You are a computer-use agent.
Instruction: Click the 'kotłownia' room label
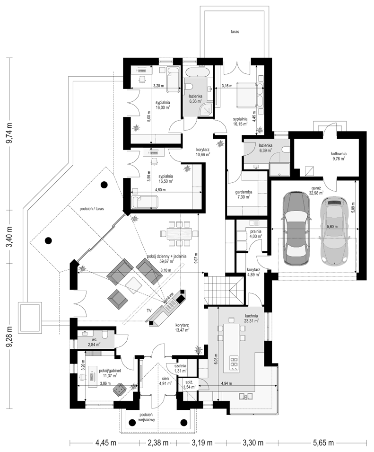coord(338,154)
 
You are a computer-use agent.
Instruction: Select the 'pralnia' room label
coord(255,231)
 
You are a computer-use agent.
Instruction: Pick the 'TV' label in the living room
coord(149,310)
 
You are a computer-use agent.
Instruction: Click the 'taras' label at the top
coord(235,32)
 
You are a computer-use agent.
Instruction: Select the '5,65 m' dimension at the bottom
coord(322,443)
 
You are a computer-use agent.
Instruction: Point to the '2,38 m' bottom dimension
coord(158,443)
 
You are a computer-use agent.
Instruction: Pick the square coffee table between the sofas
coord(134,285)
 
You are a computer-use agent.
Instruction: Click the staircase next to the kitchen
coord(223,289)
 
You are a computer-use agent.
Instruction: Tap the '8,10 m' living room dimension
coord(165,270)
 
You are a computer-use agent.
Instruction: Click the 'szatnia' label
coord(181,366)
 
